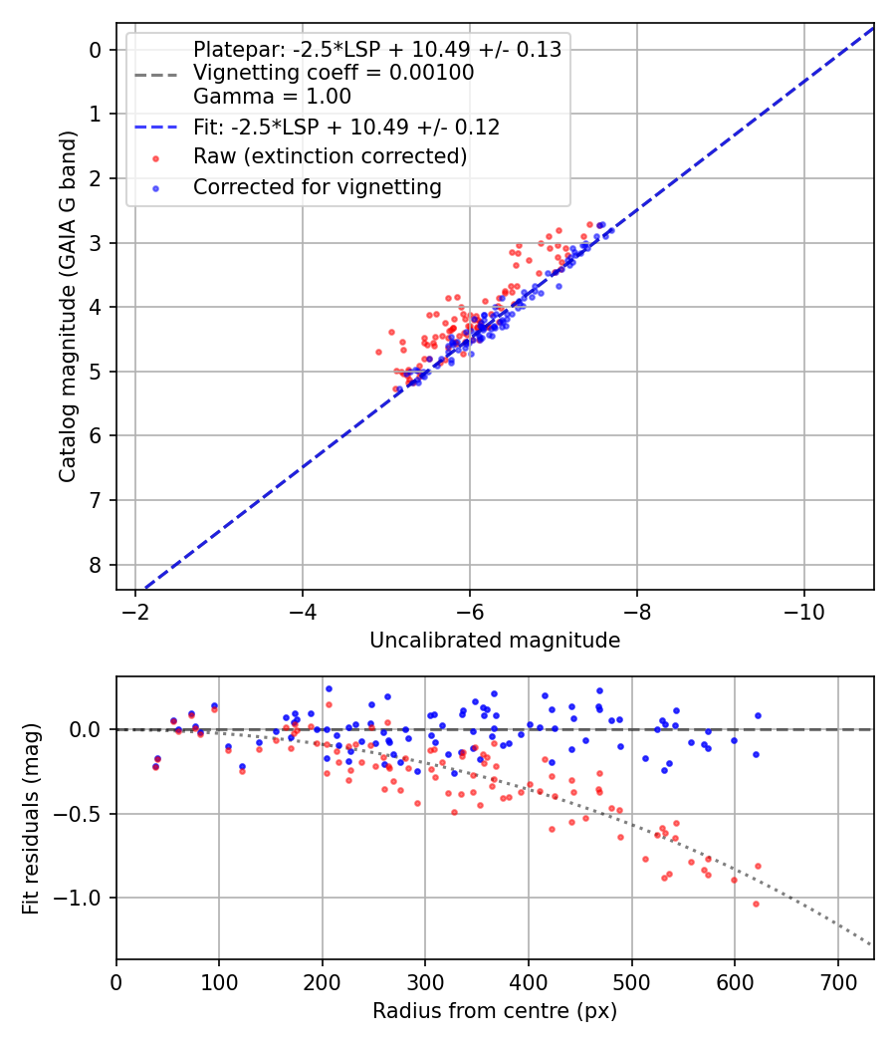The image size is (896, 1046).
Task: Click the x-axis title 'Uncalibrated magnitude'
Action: [x=495, y=641]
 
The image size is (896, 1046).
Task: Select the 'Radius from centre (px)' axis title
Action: [x=495, y=1011]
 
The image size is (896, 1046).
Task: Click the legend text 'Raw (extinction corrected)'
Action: [x=330, y=156]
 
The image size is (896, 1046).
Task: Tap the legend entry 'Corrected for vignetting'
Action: [x=317, y=186]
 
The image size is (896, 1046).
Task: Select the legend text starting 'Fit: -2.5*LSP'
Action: [x=345, y=127]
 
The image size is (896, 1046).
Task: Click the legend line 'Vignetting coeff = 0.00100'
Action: [x=334, y=73]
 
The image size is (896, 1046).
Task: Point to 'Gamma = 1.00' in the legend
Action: [x=272, y=97]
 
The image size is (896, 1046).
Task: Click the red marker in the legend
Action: [x=155, y=157]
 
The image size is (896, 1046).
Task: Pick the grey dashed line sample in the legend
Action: [x=155, y=74]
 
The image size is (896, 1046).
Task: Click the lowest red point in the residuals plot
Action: [x=756, y=904]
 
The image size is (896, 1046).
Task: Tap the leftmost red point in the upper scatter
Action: [x=378, y=352]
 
